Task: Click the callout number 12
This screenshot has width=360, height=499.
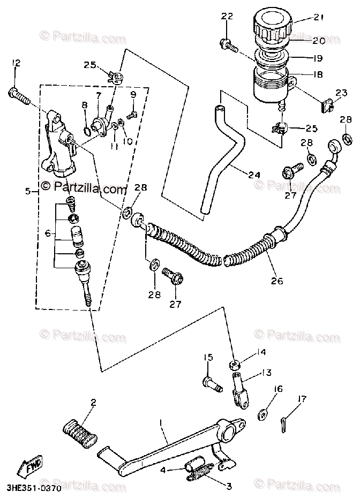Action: (16, 64)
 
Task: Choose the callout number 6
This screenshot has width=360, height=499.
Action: (48, 233)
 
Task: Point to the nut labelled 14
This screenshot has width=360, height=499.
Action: (235, 365)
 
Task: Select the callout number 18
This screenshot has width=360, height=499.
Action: (318, 75)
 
